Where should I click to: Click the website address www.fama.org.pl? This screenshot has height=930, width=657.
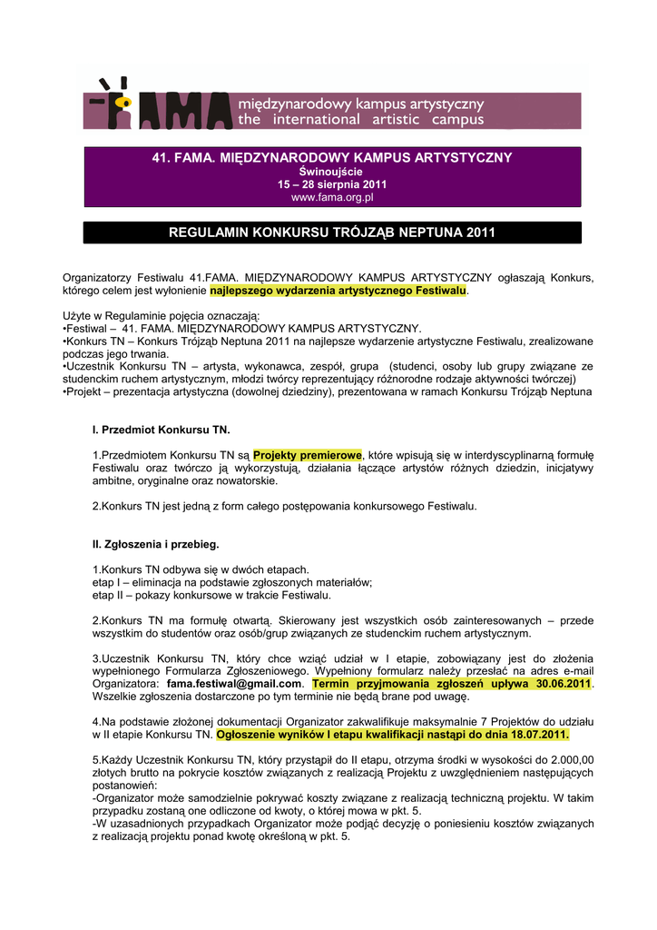(x=332, y=197)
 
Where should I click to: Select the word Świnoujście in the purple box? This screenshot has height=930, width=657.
(x=332, y=172)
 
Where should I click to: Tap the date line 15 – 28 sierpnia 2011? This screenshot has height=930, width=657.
(x=332, y=184)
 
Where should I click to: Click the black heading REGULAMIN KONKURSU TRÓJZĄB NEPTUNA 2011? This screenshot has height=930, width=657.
(x=332, y=233)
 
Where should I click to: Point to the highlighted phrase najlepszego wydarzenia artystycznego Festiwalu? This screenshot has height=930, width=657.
(x=338, y=290)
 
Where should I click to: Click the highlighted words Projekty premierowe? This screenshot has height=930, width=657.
(x=308, y=454)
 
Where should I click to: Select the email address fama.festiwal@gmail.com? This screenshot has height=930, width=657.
(x=234, y=684)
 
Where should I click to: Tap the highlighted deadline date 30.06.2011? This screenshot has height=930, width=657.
(x=563, y=684)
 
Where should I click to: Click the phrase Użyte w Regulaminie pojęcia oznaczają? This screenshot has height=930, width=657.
(x=161, y=315)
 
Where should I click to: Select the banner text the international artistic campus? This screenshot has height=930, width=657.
(x=360, y=120)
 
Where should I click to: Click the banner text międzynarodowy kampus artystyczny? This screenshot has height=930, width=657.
(x=360, y=103)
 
